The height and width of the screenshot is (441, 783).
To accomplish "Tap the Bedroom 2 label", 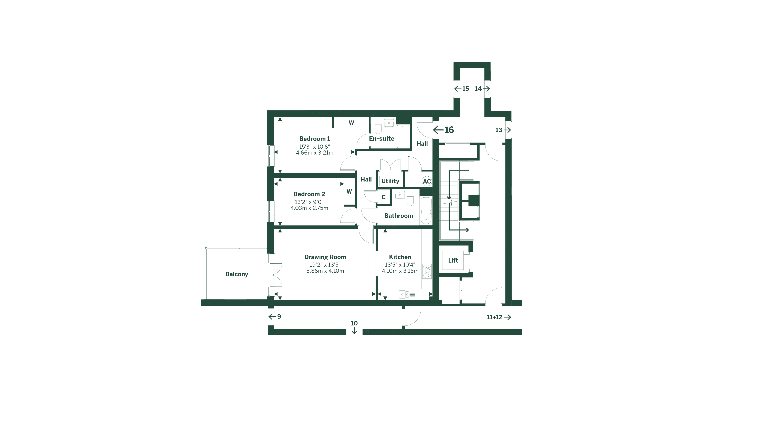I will point(309,194).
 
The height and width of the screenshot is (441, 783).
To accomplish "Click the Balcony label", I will point(237,274).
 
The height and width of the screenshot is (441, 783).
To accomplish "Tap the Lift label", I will point(453,261).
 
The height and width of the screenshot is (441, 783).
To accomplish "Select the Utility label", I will point(390,181).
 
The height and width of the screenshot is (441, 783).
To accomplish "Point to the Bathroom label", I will point(398,216).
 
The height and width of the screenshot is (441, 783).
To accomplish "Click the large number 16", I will point(449,130).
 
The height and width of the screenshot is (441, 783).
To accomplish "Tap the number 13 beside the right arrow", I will point(499,130).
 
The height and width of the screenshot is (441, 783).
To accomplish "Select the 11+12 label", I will point(494,317).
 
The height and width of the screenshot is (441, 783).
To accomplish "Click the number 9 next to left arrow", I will point(279,316).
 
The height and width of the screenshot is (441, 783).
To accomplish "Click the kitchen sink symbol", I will point(404,294).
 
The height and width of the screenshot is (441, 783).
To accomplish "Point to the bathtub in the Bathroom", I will point(426,211).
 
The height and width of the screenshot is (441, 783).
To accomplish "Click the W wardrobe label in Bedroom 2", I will point(349,192).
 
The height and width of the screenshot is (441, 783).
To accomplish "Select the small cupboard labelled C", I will point(384,197).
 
